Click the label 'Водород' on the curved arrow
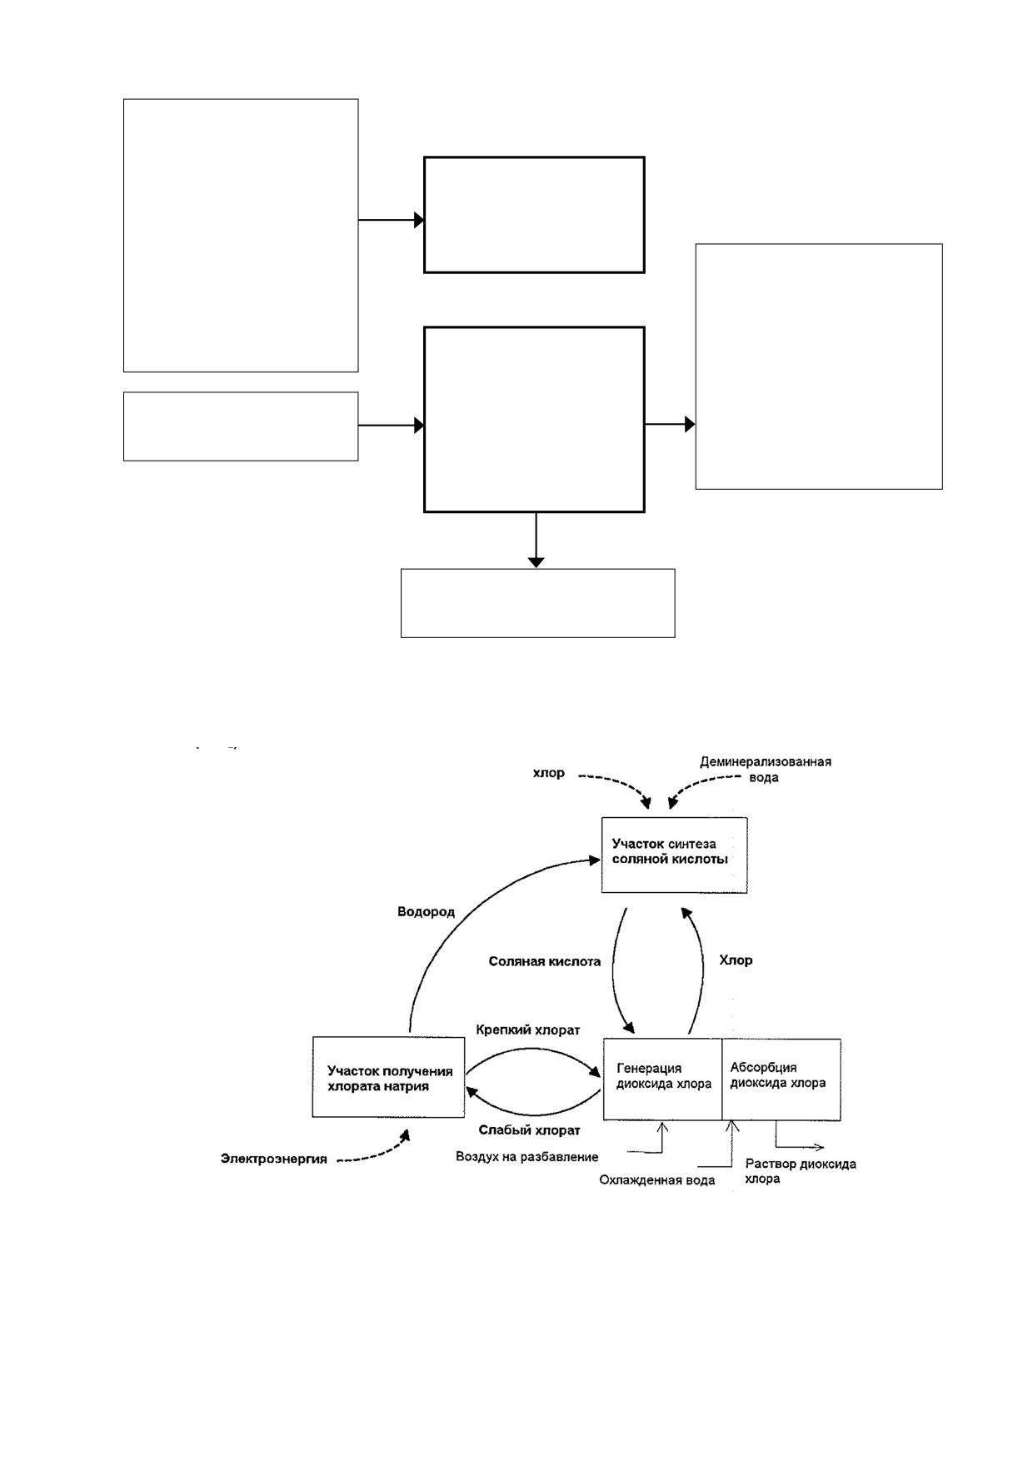pos(426,911)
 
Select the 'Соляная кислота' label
pos(544,961)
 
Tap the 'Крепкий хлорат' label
pos(528,1030)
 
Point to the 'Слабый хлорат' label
pos(529,1130)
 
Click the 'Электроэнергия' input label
pos(273,1159)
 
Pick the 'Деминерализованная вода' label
pos(765,769)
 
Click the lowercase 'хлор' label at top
pos(548,773)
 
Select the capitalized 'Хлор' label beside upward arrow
pos(736,960)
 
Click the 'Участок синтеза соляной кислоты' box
pos(674,855)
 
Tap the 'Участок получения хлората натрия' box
pos(388,1077)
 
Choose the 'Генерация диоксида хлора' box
pos(662,1079)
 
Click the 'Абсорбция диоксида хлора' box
pos(781,1079)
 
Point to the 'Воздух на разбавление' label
pos(526,1157)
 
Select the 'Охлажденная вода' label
pos(656,1180)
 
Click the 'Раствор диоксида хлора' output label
pos(800,1171)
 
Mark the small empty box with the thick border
pos(534,215)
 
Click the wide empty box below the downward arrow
pos(537,603)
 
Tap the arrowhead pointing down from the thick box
pos(536,562)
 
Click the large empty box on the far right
pos(819,366)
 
